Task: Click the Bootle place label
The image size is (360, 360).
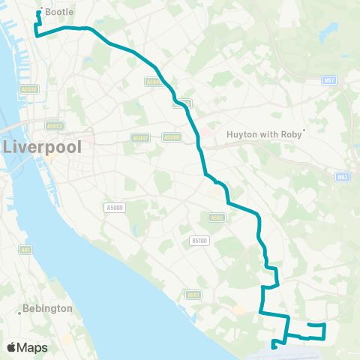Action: (59, 12)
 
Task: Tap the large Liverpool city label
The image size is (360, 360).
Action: (43, 146)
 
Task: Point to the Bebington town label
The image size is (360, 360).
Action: (48, 308)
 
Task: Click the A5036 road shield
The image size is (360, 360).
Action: (31, 88)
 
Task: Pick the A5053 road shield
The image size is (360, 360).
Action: (54, 126)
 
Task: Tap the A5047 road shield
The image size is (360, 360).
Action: (140, 138)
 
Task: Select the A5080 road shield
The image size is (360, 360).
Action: (172, 137)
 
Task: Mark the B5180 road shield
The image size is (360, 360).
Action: (198, 241)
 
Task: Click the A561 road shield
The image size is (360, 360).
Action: (194, 295)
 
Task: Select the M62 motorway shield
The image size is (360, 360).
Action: (341, 178)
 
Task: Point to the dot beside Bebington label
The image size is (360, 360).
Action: (19, 313)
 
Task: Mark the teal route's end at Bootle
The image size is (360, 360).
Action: (40, 11)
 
